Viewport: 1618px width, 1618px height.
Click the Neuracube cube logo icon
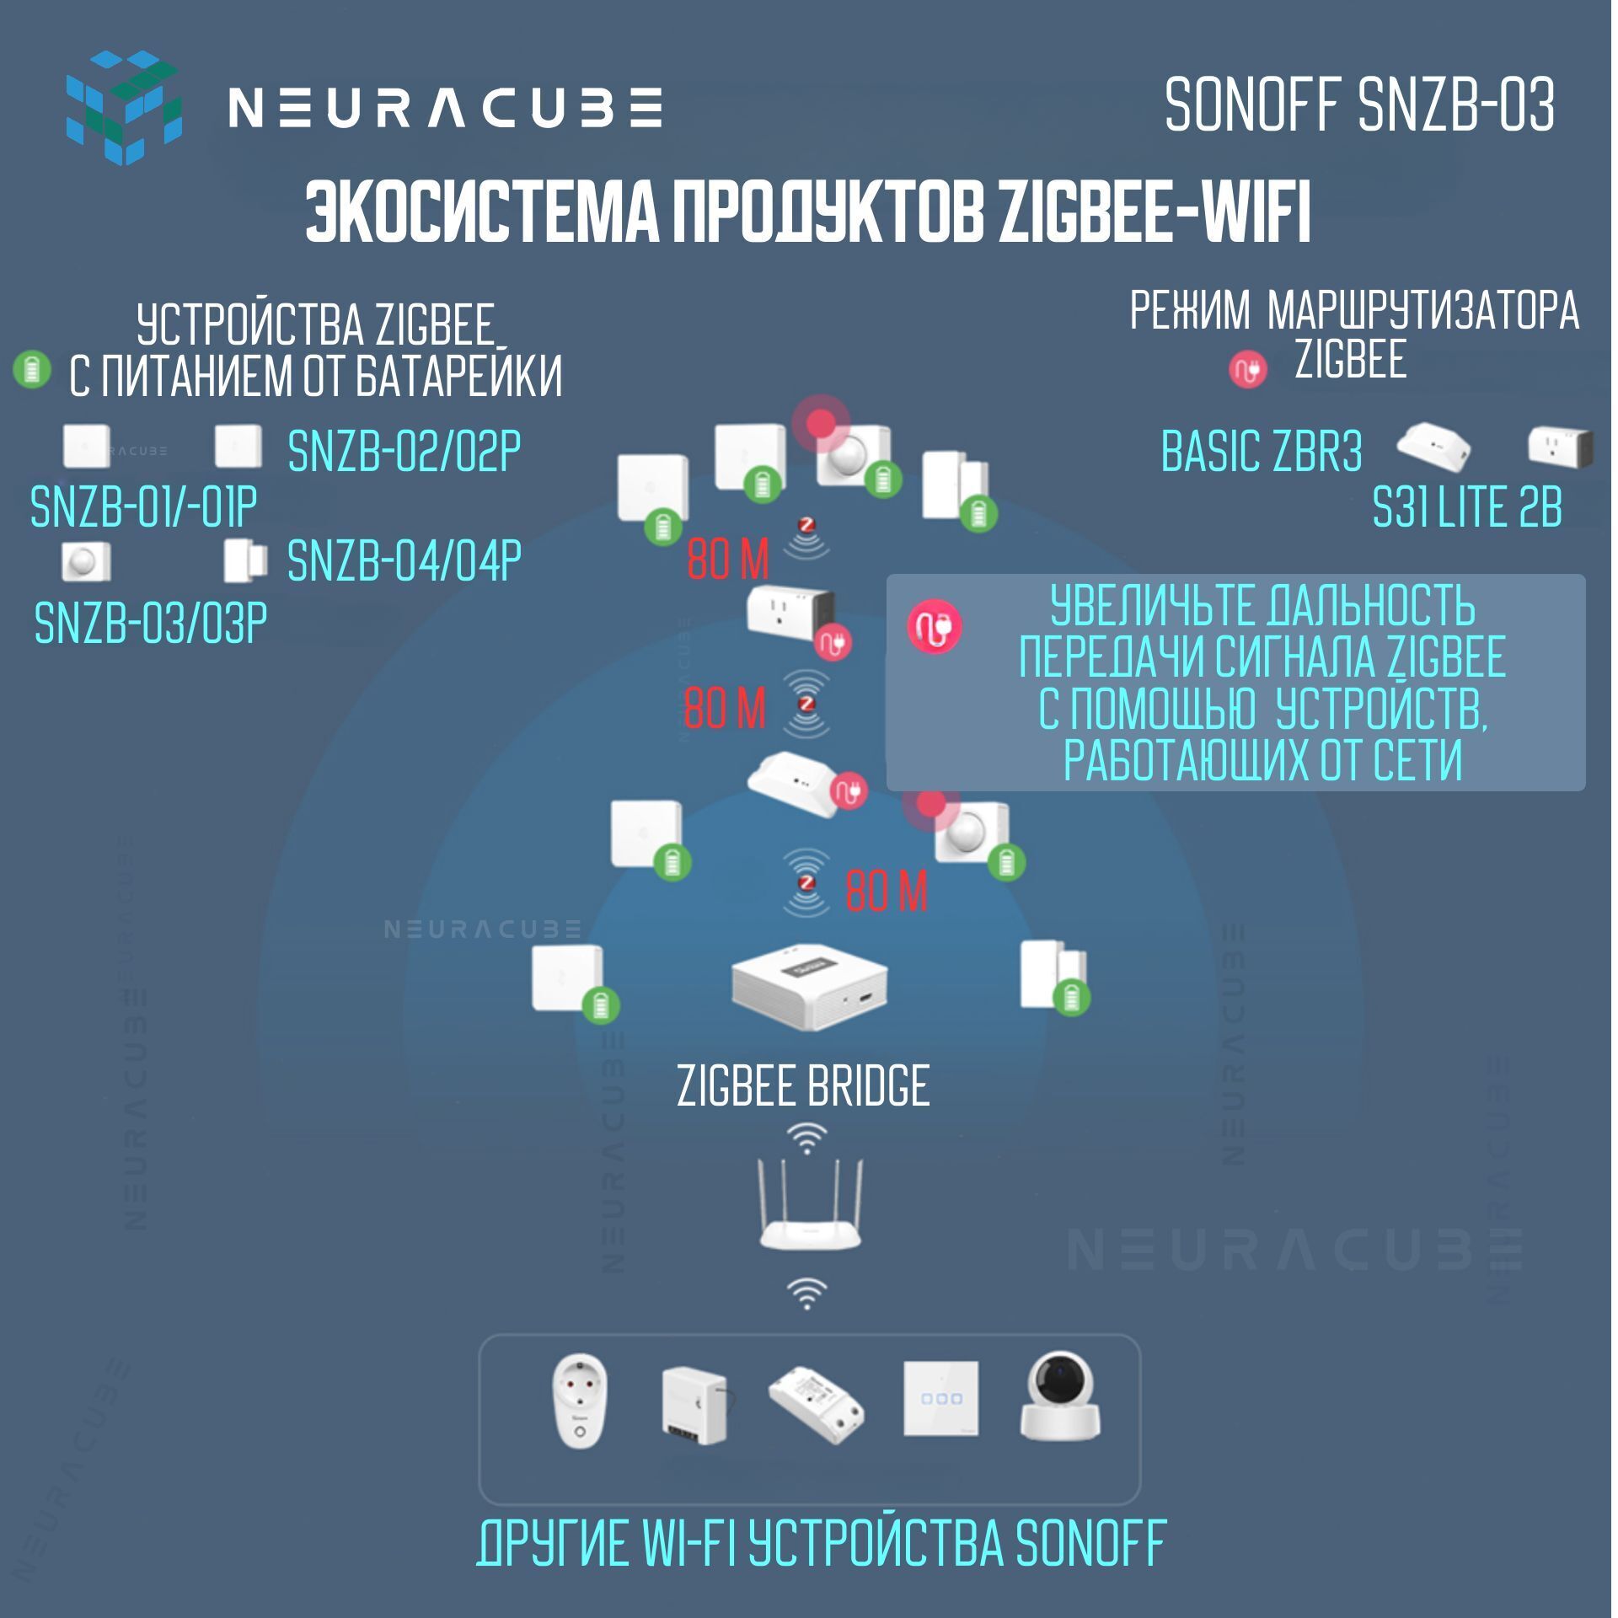pos(123,107)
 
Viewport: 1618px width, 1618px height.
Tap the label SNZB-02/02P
pos(404,451)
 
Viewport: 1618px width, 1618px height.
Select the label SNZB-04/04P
pos(404,560)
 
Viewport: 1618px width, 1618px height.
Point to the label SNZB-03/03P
pos(151,623)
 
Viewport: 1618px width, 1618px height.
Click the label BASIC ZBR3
pos(1261,451)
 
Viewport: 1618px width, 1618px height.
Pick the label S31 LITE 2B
pos(1467,507)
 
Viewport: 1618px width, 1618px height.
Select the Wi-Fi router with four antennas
pos(809,1205)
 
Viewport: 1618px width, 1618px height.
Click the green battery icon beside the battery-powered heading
pos(33,369)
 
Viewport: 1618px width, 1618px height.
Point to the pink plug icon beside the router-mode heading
pos(1248,368)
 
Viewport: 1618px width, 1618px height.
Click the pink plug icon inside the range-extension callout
pos(935,626)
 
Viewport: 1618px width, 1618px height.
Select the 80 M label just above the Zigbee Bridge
pos(886,891)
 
